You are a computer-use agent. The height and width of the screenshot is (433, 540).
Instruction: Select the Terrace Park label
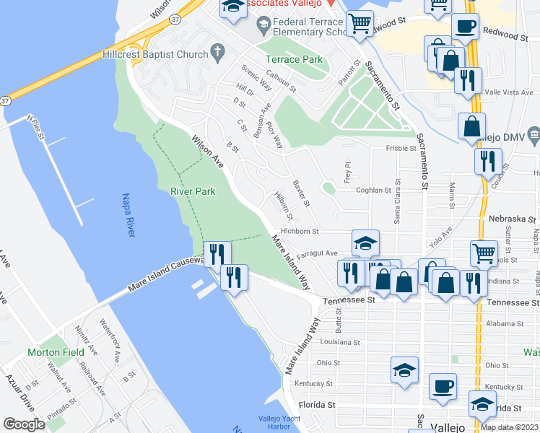[294, 59]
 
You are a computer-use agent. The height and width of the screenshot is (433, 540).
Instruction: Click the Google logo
[24, 424]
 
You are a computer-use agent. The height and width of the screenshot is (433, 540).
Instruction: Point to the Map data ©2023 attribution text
[509, 427]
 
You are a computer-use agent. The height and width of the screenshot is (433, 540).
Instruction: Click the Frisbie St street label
[402, 148]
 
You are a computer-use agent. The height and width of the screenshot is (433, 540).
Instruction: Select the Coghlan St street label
[373, 191]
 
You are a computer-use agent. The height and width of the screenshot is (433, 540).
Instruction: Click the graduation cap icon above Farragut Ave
[366, 243]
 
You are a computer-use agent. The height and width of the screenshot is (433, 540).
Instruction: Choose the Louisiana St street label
[339, 342]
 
